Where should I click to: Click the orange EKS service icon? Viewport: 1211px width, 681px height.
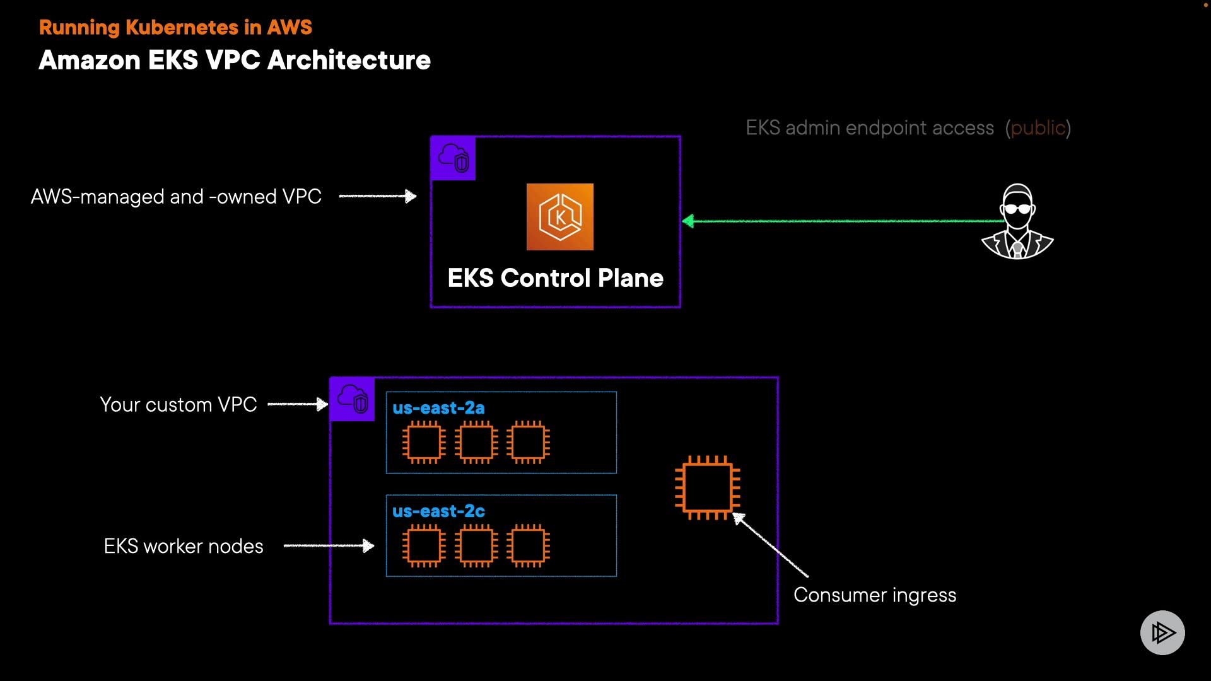[x=559, y=217]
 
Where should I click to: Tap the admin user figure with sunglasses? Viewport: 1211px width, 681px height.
[x=1017, y=222]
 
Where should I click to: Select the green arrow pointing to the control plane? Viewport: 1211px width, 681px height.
[x=845, y=221]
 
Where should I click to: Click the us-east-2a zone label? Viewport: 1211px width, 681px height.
[x=438, y=408]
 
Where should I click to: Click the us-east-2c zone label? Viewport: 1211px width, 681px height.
[x=438, y=511]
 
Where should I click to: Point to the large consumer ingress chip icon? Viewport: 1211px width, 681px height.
[x=707, y=487]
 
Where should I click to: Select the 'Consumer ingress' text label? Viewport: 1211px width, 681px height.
[x=874, y=595]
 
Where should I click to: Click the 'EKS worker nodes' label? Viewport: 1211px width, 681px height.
[x=183, y=546]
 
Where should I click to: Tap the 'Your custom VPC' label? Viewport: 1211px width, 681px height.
[x=178, y=405]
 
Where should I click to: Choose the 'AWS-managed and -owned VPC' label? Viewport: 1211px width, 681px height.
[x=176, y=197]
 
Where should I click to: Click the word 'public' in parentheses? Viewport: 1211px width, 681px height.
[x=1038, y=128]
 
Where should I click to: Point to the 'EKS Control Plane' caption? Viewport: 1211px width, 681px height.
[x=555, y=278]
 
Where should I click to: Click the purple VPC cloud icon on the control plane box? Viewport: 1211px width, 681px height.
[x=453, y=158]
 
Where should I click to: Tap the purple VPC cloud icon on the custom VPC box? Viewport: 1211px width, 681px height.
[x=353, y=399]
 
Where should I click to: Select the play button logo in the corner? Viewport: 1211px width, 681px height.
[x=1162, y=632]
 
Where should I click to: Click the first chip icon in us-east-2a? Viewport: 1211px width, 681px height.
[x=424, y=442]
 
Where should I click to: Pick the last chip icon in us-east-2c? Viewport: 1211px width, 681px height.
[x=528, y=545]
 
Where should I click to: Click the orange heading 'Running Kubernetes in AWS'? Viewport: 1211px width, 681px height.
[x=175, y=27]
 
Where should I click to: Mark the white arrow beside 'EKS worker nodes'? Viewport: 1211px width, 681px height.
[x=329, y=545]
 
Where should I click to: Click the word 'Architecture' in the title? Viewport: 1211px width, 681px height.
[x=349, y=61]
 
